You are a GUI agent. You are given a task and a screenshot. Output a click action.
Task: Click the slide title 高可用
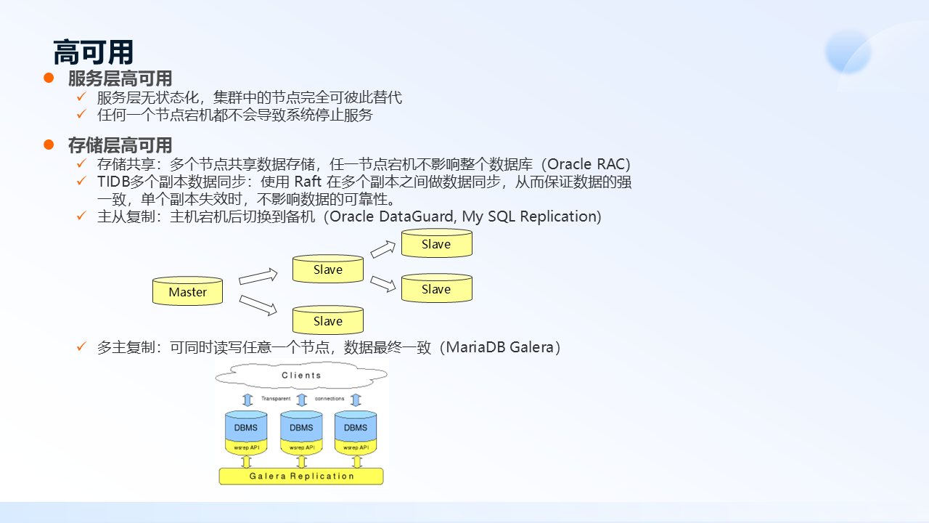click(x=94, y=52)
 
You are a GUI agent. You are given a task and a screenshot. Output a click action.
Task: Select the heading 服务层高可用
click(x=120, y=78)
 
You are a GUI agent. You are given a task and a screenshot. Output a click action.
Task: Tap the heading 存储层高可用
click(x=120, y=145)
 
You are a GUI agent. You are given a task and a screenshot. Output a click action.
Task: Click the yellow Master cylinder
click(x=187, y=291)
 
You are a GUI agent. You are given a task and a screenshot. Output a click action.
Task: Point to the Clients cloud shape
click(x=301, y=375)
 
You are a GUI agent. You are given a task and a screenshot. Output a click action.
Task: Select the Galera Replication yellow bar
click(x=301, y=477)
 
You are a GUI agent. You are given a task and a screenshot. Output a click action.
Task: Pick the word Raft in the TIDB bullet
click(x=309, y=182)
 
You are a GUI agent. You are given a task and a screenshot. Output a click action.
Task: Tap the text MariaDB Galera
click(x=500, y=347)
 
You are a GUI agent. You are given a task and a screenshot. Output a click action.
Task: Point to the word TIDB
click(x=113, y=182)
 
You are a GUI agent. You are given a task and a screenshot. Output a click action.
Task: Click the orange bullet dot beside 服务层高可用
click(x=49, y=78)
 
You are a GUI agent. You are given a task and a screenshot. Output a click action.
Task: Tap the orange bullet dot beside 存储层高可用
click(x=49, y=145)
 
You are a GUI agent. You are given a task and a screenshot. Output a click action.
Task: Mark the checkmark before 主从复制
click(x=82, y=216)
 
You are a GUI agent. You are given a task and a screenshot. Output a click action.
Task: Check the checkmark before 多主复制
click(x=82, y=346)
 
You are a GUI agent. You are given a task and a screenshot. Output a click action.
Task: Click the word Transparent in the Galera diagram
click(x=276, y=399)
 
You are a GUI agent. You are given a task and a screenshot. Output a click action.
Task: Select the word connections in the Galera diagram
click(x=330, y=399)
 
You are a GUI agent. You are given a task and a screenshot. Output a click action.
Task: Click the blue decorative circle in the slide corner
click(x=848, y=51)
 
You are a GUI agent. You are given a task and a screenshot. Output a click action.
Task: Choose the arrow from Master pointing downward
click(x=258, y=305)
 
